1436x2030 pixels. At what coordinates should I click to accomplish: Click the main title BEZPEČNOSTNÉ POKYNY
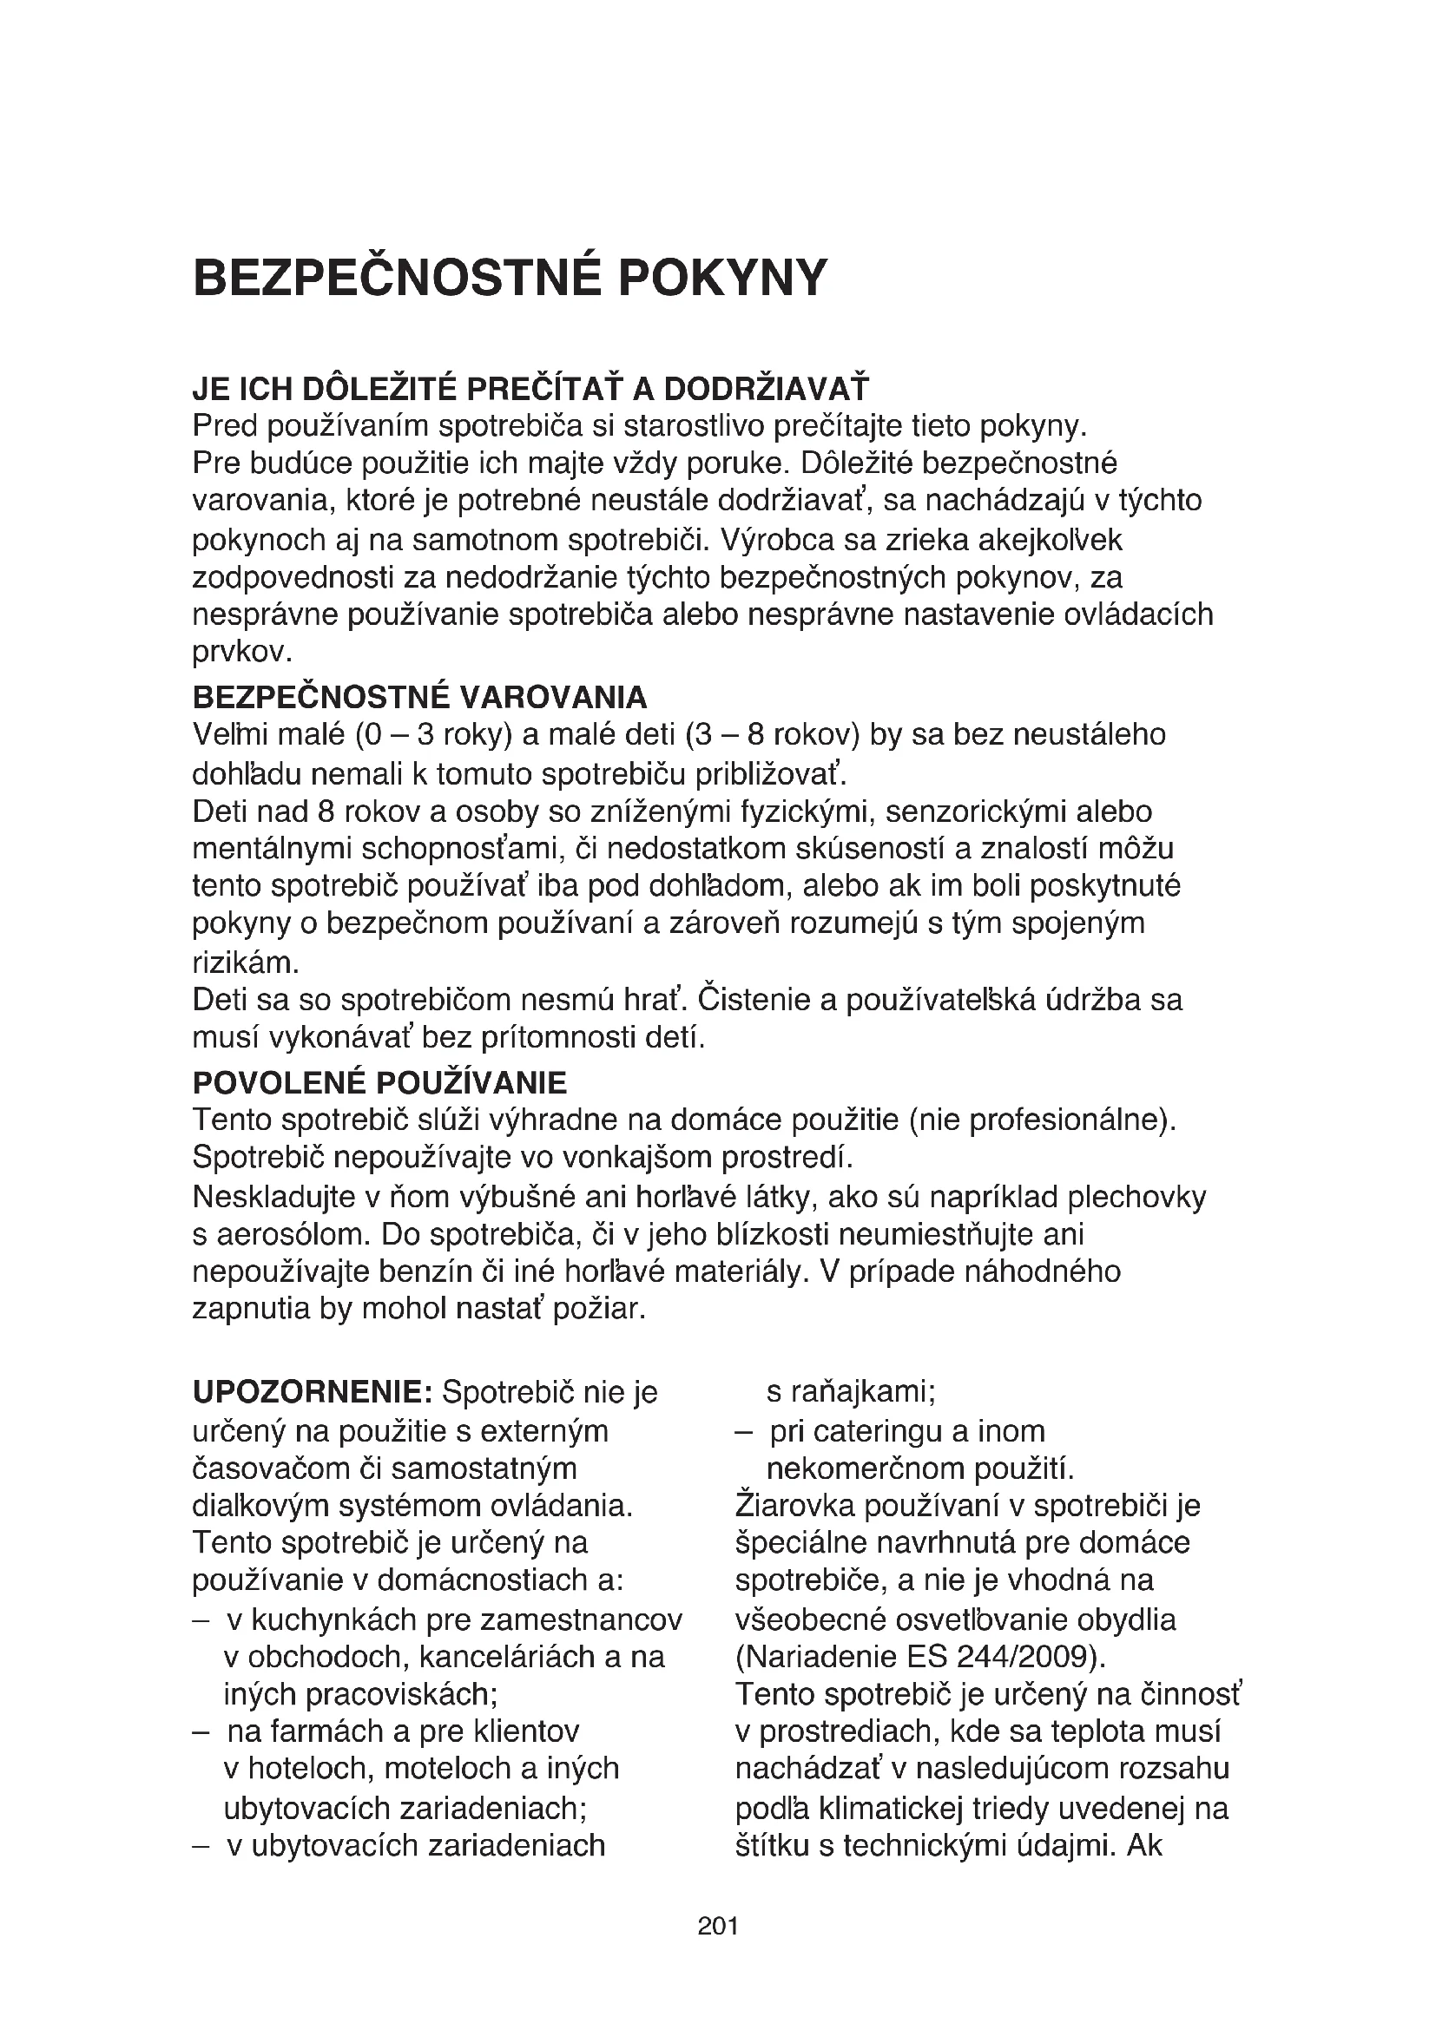pyautogui.click(x=510, y=279)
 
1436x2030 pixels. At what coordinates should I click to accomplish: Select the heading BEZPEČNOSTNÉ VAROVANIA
pyautogui.click(x=420, y=698)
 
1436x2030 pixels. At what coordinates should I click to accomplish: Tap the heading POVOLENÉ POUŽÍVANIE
pyautogui.click(x=379, y=1083)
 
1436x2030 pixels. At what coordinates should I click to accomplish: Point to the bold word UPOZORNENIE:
pyautogui.click(x=312, y=1392)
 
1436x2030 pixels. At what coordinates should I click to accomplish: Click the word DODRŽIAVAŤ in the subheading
pyautogui.click(x=766, y=389)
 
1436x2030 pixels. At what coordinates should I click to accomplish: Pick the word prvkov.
pyautogui.click(x=241, y=653)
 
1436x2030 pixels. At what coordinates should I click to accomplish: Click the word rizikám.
pyautogui.click(x=246, y=962)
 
